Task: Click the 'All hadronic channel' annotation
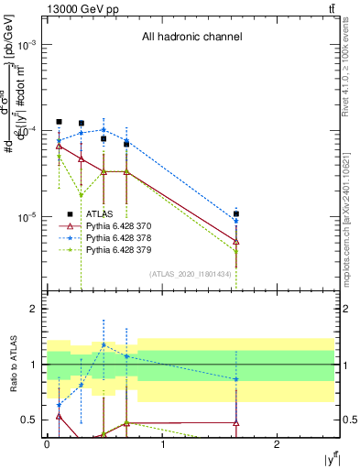(191, 38)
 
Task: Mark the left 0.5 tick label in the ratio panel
(32, 420)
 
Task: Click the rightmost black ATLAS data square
(236, 213)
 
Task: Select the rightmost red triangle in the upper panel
(236, 240)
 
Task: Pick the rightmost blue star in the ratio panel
(236, 379)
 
